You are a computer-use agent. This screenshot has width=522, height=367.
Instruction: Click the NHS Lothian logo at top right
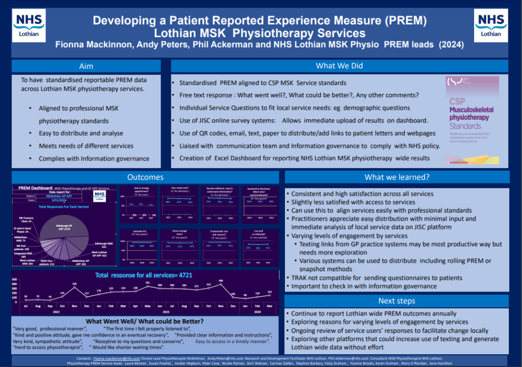point(491,25)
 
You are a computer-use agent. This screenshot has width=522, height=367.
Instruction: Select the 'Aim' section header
point(86,66)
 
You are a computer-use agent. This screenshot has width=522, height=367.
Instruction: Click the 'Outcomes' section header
point(145,177)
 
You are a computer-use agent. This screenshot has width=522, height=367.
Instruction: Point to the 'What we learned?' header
point(397,177)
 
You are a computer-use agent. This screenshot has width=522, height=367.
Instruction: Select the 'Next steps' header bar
point(397,301)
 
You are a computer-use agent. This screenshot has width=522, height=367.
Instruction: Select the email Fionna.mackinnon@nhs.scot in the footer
point(116,359)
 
